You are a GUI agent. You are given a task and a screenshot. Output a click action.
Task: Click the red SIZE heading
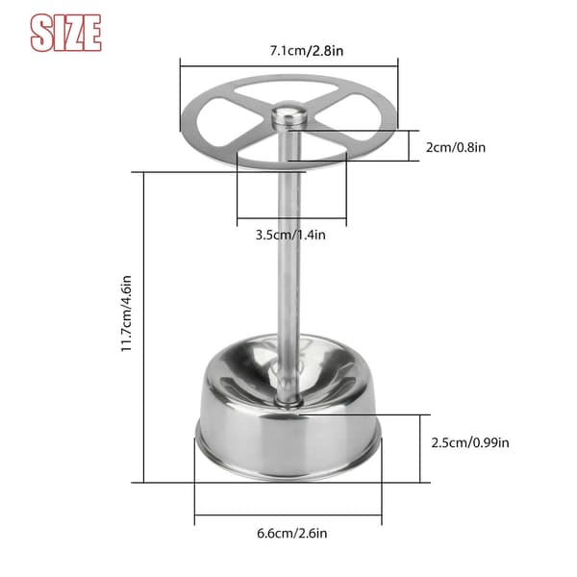[x=65, y=33]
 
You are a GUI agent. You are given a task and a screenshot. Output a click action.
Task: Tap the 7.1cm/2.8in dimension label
[x=307, y=50]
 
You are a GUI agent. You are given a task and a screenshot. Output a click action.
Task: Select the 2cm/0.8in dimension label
[x=456, y=147]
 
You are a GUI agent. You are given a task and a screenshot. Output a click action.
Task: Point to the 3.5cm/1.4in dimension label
[x=290, y=235]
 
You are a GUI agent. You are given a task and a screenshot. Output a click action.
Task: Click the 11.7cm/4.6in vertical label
[x=126, y=314]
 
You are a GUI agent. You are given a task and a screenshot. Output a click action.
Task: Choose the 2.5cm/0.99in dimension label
[x=470, y=442]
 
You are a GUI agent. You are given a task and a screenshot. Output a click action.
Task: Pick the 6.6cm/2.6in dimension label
[x=291, y=533]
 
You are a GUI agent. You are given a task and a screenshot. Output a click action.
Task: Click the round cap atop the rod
[x=288, y=114]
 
